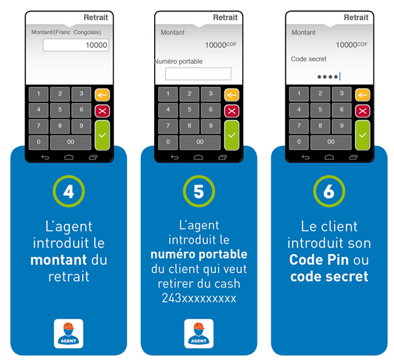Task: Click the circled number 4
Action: (x=69, y=192)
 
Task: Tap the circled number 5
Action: (x=199, y=192)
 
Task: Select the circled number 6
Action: (x=329, y=192)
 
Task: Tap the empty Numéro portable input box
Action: (x=198, y=74)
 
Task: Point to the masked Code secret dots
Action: (x=328, y=76)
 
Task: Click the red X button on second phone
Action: (x=231, y=111)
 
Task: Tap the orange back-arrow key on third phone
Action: (x=362, y=95)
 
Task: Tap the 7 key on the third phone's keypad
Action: (x=299, y=126)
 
